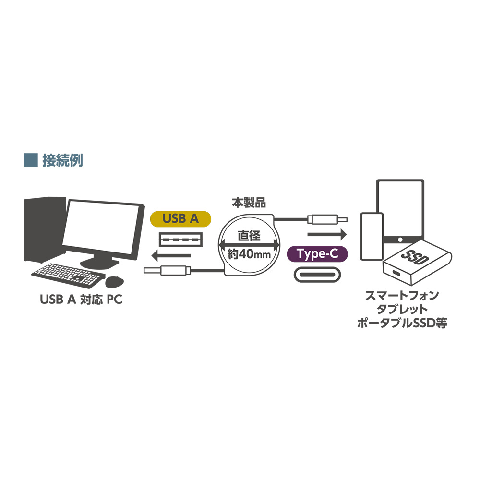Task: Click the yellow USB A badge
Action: (180, 219)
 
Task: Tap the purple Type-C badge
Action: (317, 254)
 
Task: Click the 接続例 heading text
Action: (62, 160)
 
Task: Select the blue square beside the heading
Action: (31, 160)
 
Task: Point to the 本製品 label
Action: (249, 203)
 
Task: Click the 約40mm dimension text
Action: (249, 254)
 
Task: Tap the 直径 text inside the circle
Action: (249, 236)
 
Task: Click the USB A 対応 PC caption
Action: (81, 300)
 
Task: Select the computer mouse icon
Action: (115, 282)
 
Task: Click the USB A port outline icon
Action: (180, 240)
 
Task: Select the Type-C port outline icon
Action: (317, 275)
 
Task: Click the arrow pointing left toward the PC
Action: (171, 256)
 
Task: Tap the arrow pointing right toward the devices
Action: (327, 235)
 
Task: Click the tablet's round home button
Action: (400, 240)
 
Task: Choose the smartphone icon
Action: (372, 236)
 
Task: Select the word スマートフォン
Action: (402, 296)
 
